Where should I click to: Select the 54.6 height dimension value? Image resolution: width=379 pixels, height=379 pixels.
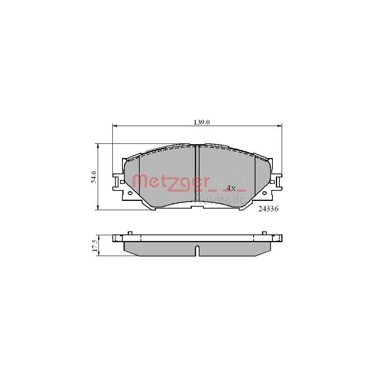(93, 177)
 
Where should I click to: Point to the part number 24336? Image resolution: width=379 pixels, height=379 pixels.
(268, 208)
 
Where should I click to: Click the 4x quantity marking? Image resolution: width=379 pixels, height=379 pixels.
(231, 188)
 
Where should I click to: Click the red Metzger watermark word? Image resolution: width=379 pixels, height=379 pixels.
(171, 181)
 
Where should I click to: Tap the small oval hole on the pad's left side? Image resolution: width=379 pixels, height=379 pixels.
(130, 193)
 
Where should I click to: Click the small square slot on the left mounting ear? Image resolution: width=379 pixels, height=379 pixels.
(122, 182)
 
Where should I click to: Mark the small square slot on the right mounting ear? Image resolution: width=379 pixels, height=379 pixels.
(272, 182)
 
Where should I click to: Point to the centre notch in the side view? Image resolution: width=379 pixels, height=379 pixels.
(197, 251)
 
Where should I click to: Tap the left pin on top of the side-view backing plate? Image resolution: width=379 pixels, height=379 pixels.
(130, 232)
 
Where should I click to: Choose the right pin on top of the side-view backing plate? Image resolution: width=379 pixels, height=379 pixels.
(264, 232)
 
